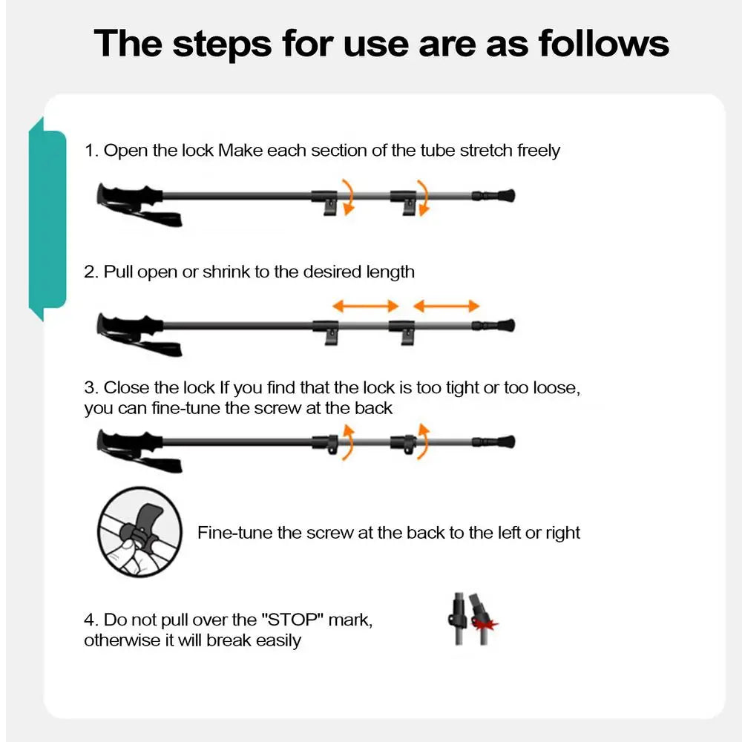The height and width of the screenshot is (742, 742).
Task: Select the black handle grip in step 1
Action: click(x=129, y=196)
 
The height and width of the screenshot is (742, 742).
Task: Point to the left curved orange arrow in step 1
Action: click(x=347, y=197)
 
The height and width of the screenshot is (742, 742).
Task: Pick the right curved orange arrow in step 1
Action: click(x=423, y=197)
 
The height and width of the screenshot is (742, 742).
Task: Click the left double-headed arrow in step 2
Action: click(x=365, y=305)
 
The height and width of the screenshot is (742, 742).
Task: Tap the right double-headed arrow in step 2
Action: click(x=446, y=305)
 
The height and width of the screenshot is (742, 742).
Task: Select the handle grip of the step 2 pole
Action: click(x=129, y=325)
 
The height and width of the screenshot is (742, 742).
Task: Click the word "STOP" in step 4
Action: click(x=295, y=620)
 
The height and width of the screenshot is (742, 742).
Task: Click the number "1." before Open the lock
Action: click(x=91, y=151)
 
